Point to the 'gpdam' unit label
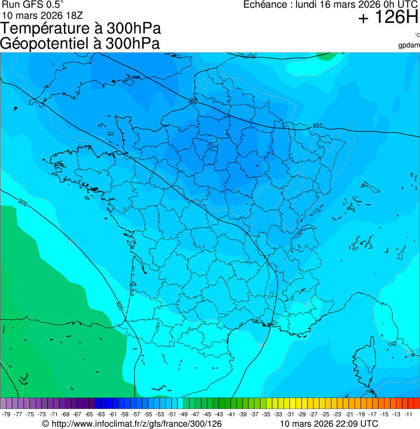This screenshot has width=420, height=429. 409,45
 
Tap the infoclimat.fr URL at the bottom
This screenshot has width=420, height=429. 137,423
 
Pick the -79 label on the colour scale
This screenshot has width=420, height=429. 7,414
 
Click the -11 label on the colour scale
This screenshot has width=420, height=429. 407,414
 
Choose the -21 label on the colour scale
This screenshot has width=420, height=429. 348,414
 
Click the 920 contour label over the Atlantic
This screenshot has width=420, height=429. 22,202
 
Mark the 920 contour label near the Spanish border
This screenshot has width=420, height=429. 120,305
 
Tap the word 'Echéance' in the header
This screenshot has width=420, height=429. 266,5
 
